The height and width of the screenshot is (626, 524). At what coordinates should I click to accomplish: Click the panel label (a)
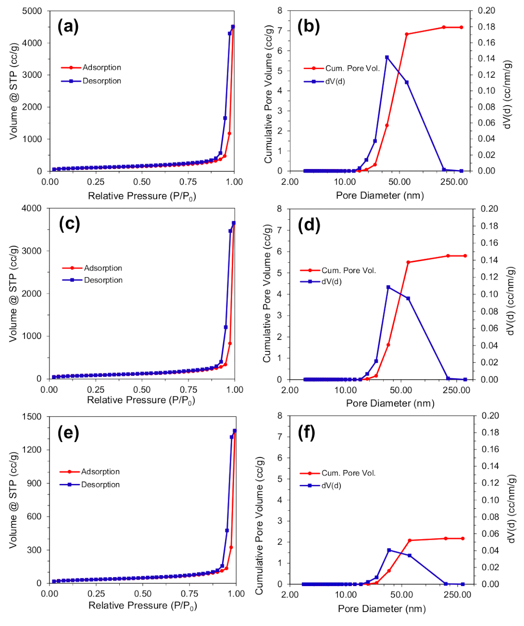[68, 26]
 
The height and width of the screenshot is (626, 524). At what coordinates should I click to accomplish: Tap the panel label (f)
[306, 433]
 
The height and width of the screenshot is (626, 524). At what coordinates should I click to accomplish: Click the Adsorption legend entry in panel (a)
[101, 67]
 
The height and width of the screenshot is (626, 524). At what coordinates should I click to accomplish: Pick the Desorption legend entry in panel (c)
[103, 280]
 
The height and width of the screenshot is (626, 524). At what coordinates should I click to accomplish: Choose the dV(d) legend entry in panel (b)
[335, 81]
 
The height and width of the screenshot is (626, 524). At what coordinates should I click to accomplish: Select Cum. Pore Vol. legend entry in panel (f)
[348, 473]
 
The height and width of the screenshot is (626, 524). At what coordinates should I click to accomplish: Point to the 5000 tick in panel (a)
[32, 11]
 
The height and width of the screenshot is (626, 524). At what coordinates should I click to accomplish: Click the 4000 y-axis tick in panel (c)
[32, 208]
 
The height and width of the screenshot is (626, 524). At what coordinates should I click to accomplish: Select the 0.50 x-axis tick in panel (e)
[143, 594]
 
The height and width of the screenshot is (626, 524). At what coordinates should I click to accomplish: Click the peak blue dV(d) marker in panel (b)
[387, 57]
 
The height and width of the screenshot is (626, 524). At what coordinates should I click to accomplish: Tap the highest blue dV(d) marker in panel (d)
[388, 287]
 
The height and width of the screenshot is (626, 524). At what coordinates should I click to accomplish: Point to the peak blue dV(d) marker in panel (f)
[389, 550]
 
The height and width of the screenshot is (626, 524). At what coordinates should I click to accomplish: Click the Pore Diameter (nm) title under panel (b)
[380, 195]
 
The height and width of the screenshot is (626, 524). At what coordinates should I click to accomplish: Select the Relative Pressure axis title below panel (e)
[143, 606]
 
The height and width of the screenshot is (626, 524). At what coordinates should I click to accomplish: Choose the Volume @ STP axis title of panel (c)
[14, 294]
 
